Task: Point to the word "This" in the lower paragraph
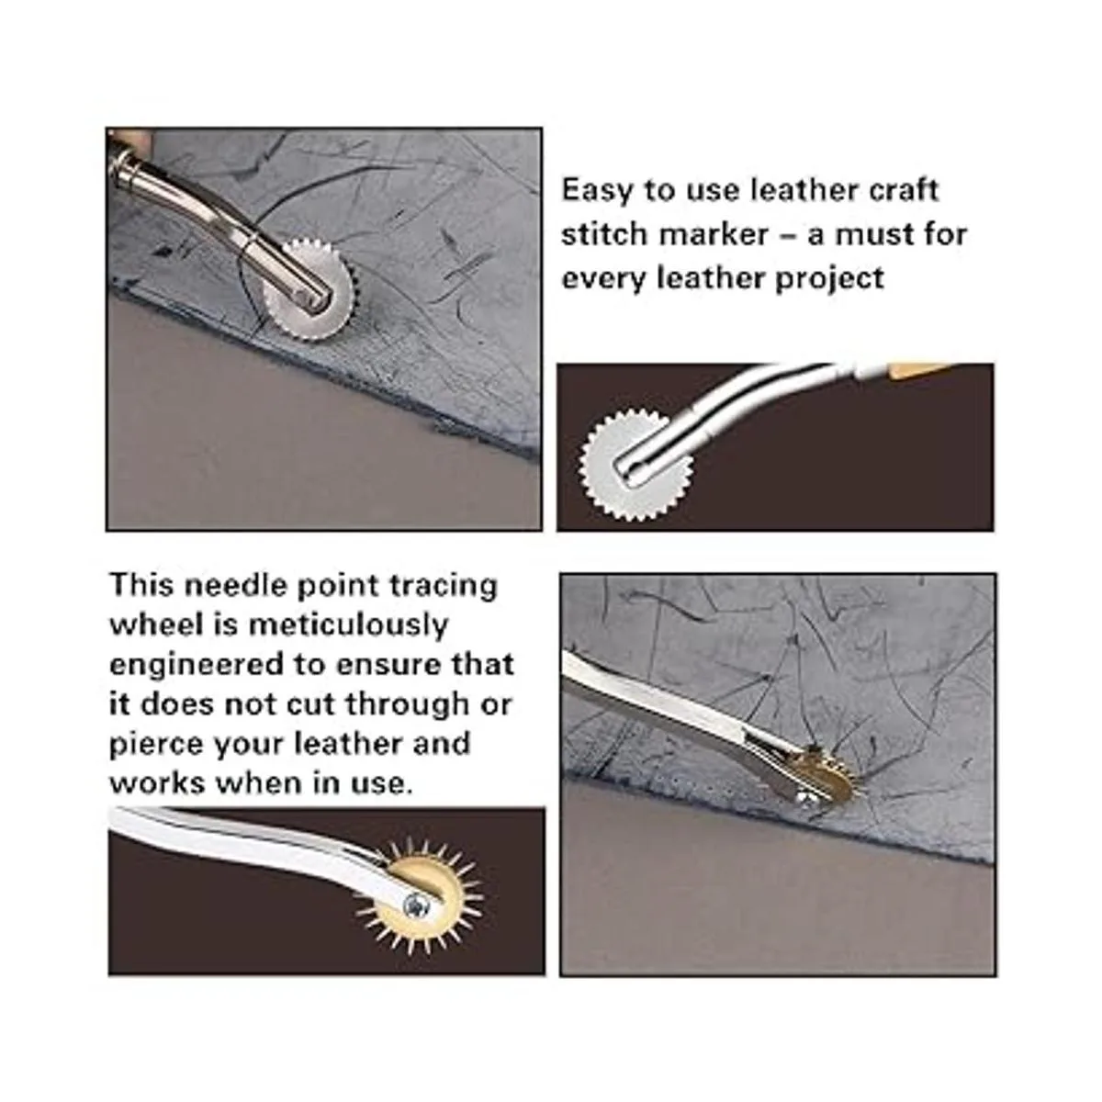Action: pos(141,585)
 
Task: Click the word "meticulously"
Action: pos(348,625)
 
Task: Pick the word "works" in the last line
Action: pos(157,783)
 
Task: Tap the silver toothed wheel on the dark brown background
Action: pos(635,465)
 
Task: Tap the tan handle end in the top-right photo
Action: pos(915,369)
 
